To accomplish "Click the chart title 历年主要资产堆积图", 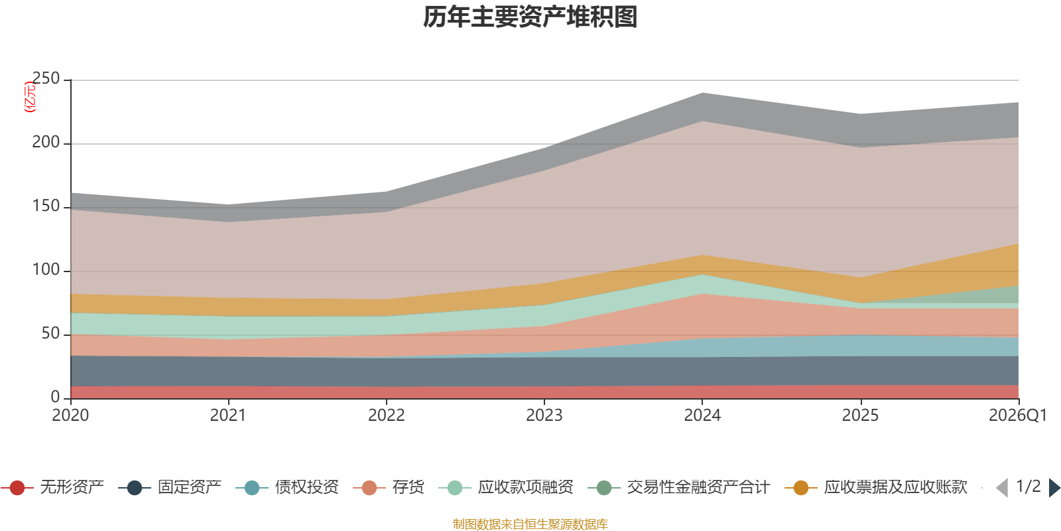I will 530,17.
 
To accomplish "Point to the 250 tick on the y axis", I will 46,79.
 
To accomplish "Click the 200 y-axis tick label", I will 46,143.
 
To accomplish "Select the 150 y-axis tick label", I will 46,206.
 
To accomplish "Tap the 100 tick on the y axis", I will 46,270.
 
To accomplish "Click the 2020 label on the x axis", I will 70,416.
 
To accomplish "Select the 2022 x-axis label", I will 387,416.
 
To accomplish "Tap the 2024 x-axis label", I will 702,416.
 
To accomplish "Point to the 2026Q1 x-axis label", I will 1017,416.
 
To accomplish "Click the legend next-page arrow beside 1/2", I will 1054,488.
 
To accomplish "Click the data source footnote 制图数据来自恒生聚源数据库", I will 530,524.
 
